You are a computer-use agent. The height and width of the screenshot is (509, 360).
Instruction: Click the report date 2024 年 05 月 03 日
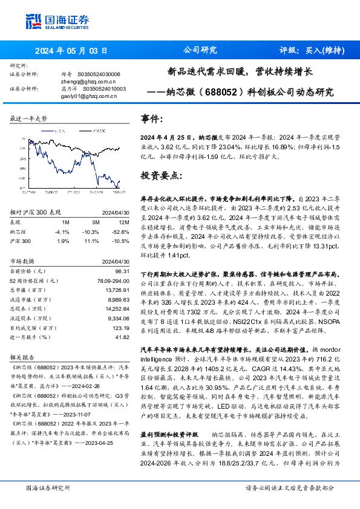tap(71, 51)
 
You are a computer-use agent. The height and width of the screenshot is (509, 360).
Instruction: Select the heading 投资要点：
tap(160, 176)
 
